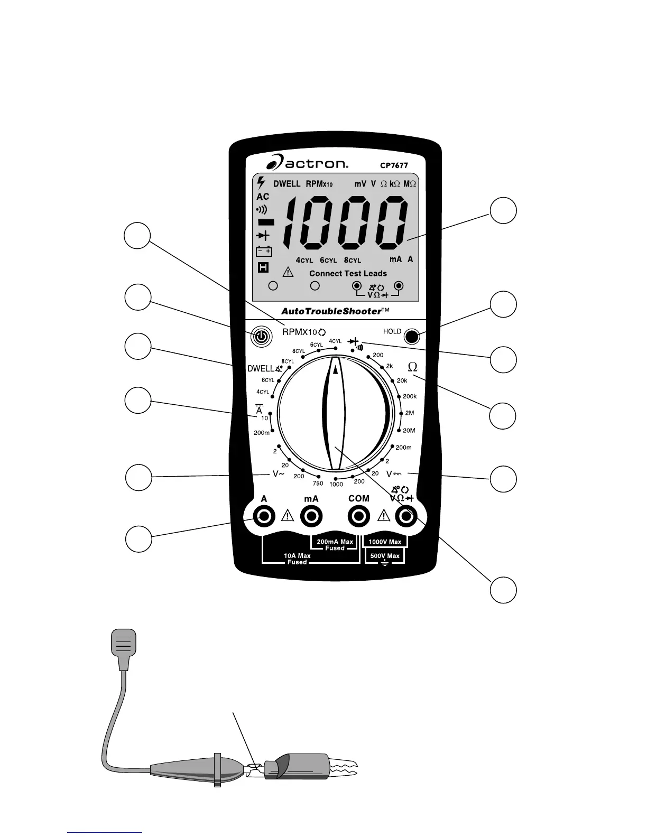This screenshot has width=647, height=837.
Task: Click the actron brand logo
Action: click(x=307, y=163)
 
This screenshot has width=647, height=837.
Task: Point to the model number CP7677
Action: click(x=394, y=165)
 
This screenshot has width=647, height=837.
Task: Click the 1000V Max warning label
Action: click(x=385, y=542)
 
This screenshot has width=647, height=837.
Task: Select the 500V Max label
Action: click(x=385, y=556)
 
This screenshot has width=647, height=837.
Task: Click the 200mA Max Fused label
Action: click(x=335, y=545)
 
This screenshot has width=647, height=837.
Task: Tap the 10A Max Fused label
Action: click(x=297, y=559)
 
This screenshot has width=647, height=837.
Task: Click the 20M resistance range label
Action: click(x=409, y=431)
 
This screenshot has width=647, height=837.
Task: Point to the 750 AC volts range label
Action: click(x=318, y=483)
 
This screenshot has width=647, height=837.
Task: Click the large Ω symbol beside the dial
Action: click(x=413, y=367)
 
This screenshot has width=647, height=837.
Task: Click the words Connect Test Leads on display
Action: click(x=348, y=274)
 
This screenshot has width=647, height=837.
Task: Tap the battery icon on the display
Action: click(x=264, y=252)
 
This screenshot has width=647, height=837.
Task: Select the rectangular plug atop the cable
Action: click(x=123, y=643)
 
